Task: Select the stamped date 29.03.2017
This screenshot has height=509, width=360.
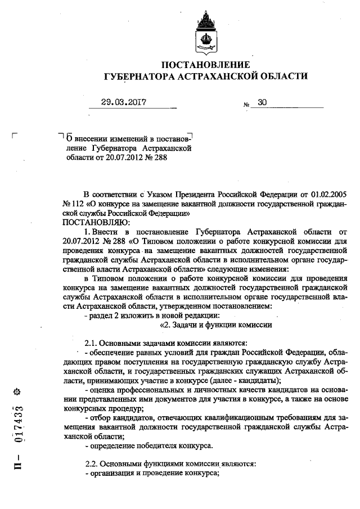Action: [124, 102]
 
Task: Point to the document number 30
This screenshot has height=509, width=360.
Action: [262, 102]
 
